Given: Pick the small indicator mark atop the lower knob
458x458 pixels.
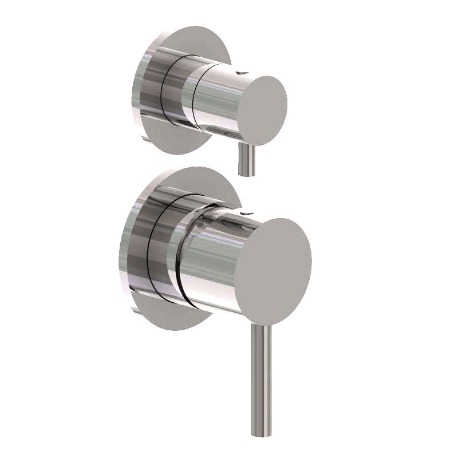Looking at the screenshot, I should (x=246, y=212).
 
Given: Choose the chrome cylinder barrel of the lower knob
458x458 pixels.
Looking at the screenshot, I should (x=212, y=258).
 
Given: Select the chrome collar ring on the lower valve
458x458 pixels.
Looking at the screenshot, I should (x=163, y=246).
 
